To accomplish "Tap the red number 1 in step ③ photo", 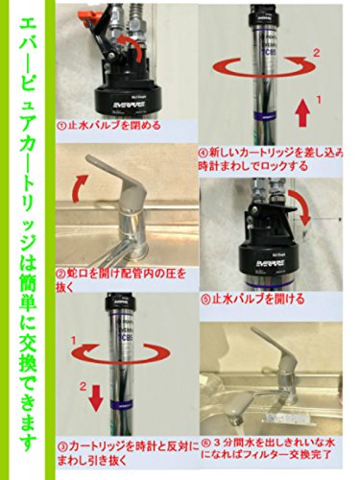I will [x=74, y=341].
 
